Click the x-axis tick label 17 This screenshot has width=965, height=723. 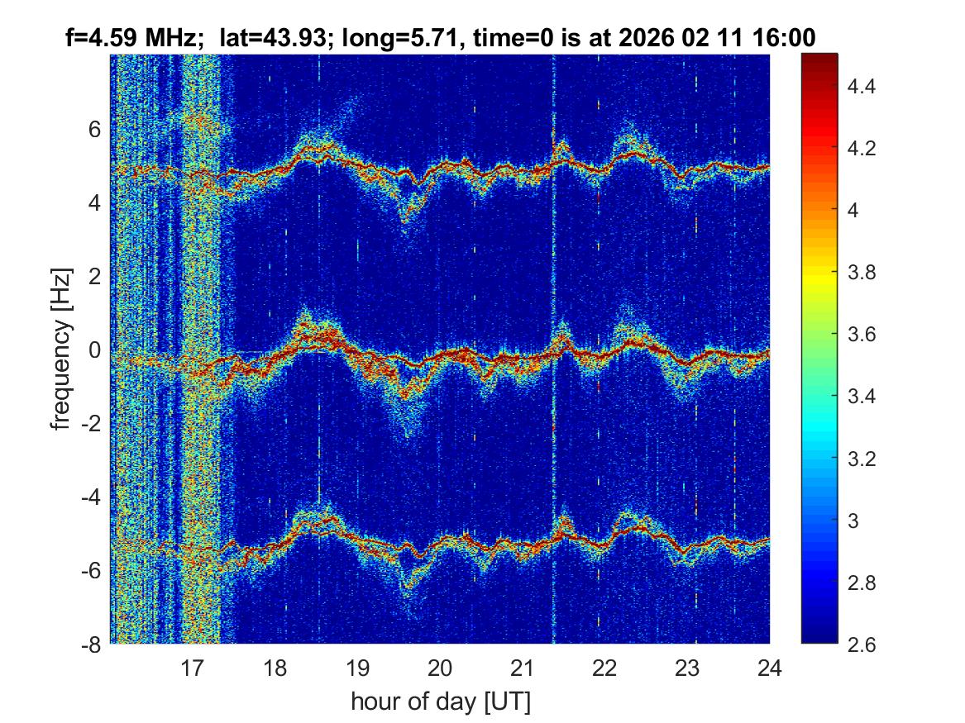coord(192,667)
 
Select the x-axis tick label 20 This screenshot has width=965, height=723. coord(440,667)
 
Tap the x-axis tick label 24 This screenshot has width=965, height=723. coord(769,667)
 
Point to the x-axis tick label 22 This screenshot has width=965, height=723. coord(604,667)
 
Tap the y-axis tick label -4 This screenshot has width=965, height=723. coord(89,497)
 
